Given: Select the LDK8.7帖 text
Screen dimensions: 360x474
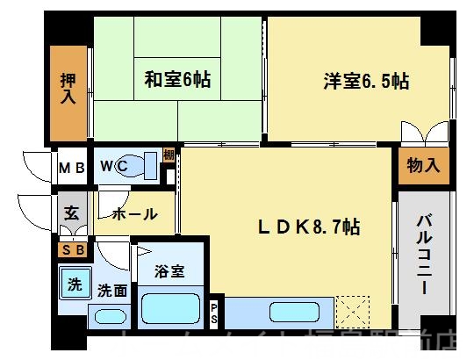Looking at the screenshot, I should pos(307,227).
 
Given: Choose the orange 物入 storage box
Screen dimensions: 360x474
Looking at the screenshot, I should pos(422,165).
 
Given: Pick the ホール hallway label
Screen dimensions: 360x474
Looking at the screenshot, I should pos(134,212).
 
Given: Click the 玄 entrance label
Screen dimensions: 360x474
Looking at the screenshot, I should pos(70,212).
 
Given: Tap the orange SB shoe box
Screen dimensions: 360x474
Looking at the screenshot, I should pos(70,249).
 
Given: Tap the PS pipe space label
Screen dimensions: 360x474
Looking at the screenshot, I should pos(216,313).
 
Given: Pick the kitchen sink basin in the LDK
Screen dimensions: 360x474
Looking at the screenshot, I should pos(288,311).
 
